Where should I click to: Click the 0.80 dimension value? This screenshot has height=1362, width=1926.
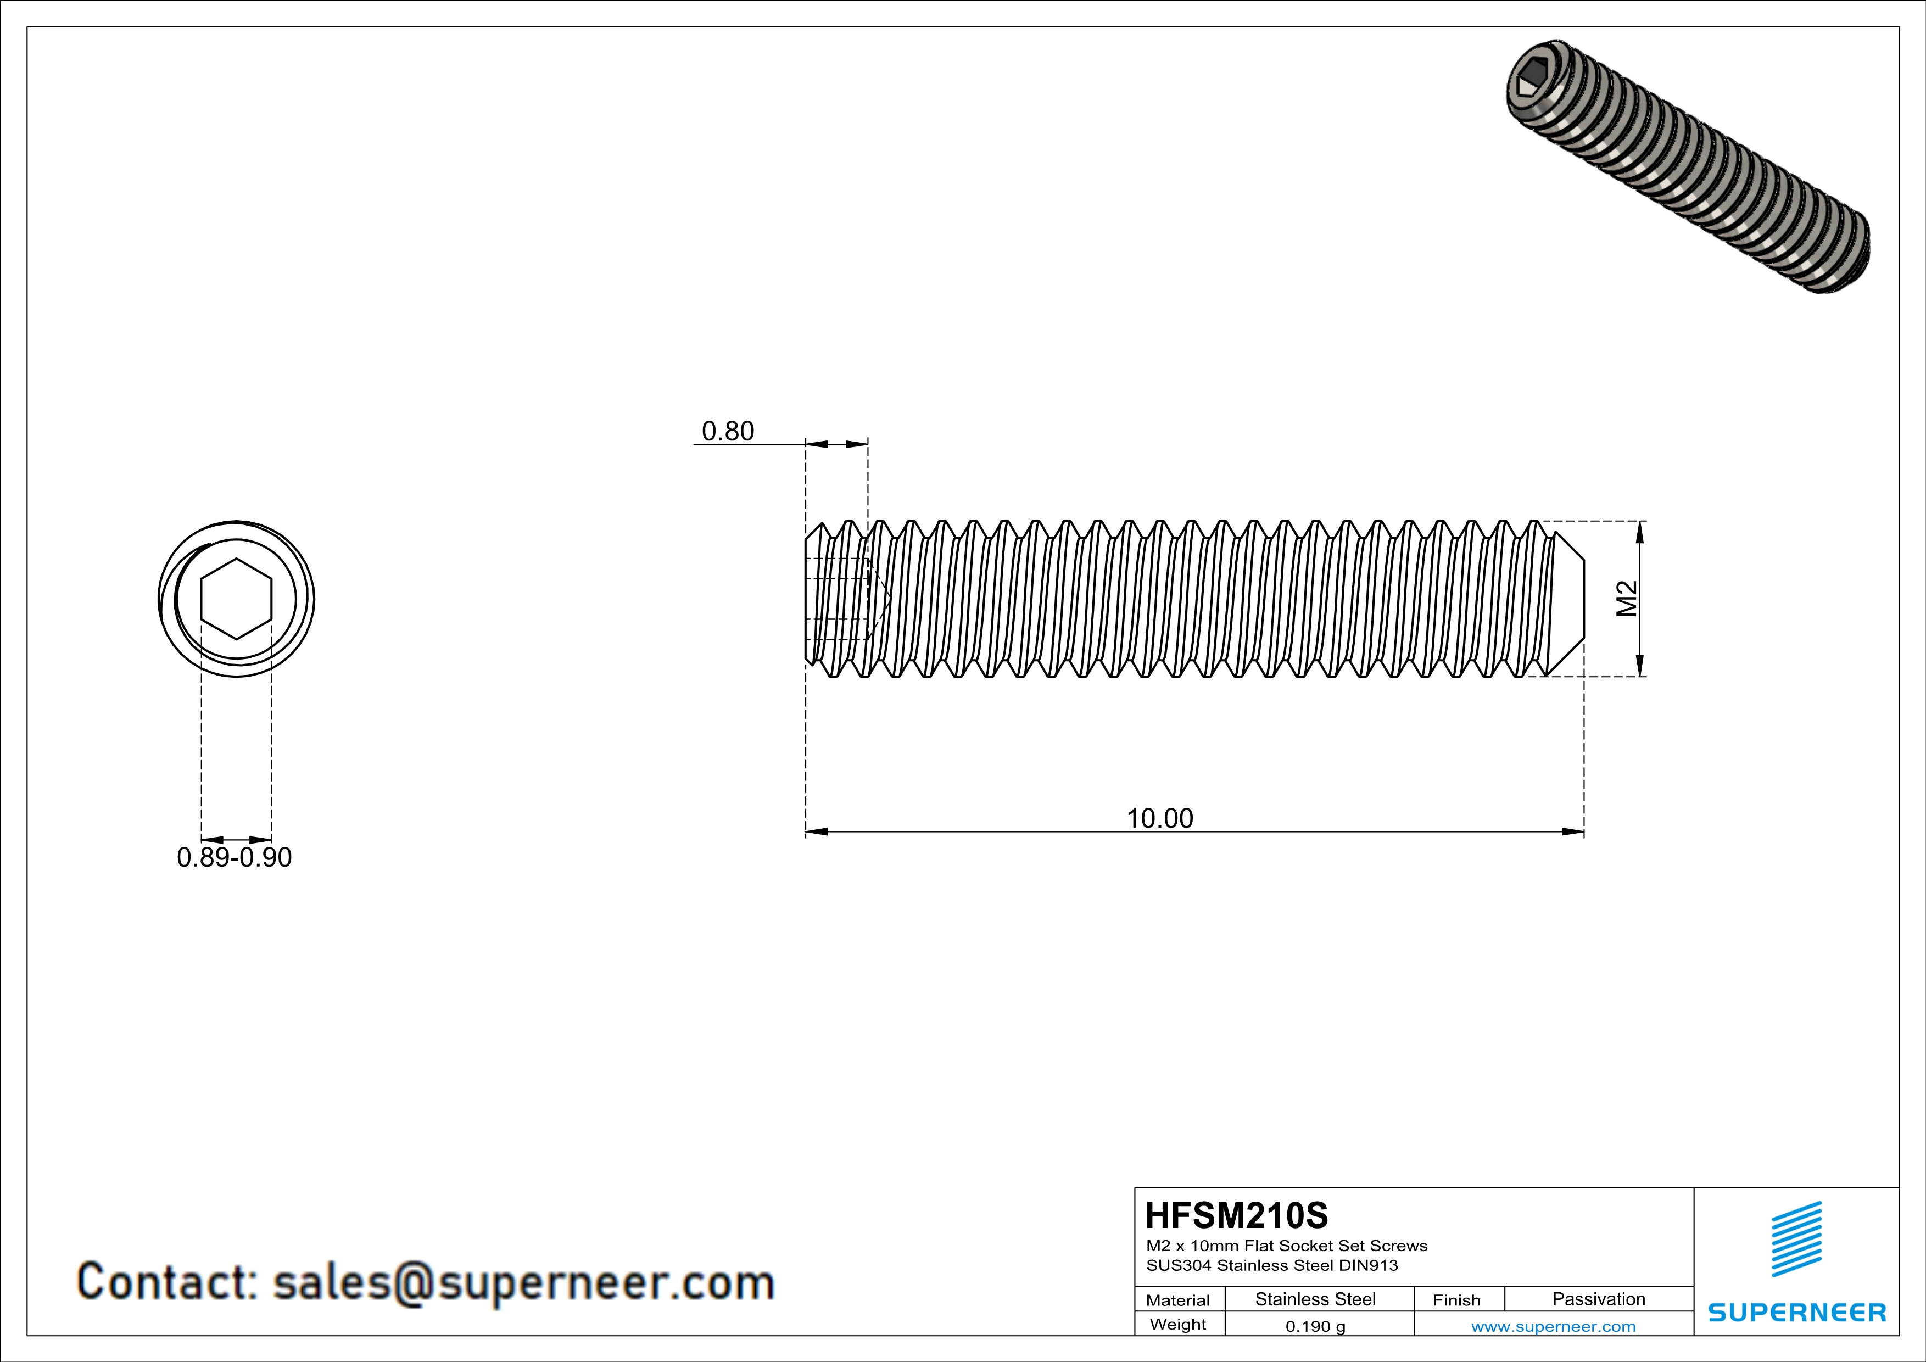tap(727, 431)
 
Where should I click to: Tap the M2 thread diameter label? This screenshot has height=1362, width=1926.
tap(1627, 598)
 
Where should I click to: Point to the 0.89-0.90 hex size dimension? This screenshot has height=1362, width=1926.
tap(234, 858)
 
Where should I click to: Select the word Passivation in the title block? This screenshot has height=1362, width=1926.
tap(1598, 1299)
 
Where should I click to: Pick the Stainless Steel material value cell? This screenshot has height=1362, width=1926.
tap(1314, 1299)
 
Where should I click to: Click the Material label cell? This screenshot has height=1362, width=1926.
tap(1178, 1300)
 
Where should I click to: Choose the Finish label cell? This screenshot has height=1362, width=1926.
tap(1456, 1300)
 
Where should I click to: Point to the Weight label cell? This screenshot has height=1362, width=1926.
tap(1178, 1324)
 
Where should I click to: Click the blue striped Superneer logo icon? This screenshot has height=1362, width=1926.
tap(1796, 1239)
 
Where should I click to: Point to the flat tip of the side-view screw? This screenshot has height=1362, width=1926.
tap(1582, 598)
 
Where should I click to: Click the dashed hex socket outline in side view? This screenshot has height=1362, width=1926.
tap(843, 599)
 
